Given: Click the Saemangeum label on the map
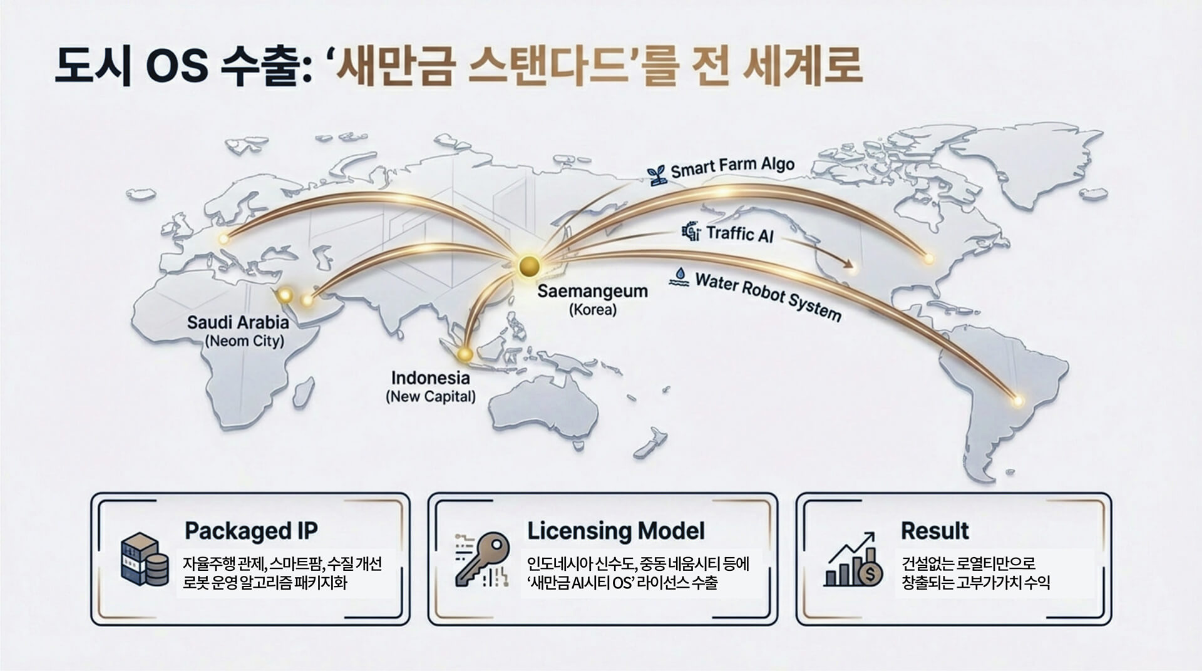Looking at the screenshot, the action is [592, 291].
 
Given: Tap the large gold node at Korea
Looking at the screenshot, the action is [530, 266].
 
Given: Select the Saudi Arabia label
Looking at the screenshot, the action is [238, 322].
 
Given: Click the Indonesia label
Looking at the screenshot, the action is [430, 378].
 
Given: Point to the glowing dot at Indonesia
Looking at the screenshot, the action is [465, 355].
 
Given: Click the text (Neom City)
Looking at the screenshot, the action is [244, 341].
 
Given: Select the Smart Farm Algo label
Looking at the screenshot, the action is [732, 166].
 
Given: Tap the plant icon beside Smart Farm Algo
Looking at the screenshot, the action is [657, 175].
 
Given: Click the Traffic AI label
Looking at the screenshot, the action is [740, 234].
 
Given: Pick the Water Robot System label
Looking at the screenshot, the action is [768, 296].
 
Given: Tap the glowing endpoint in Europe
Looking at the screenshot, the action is [223, 238].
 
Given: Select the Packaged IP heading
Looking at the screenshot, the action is [251, 531].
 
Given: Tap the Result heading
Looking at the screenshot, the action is [935, 531].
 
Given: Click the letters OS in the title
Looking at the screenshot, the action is [177, 65].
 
